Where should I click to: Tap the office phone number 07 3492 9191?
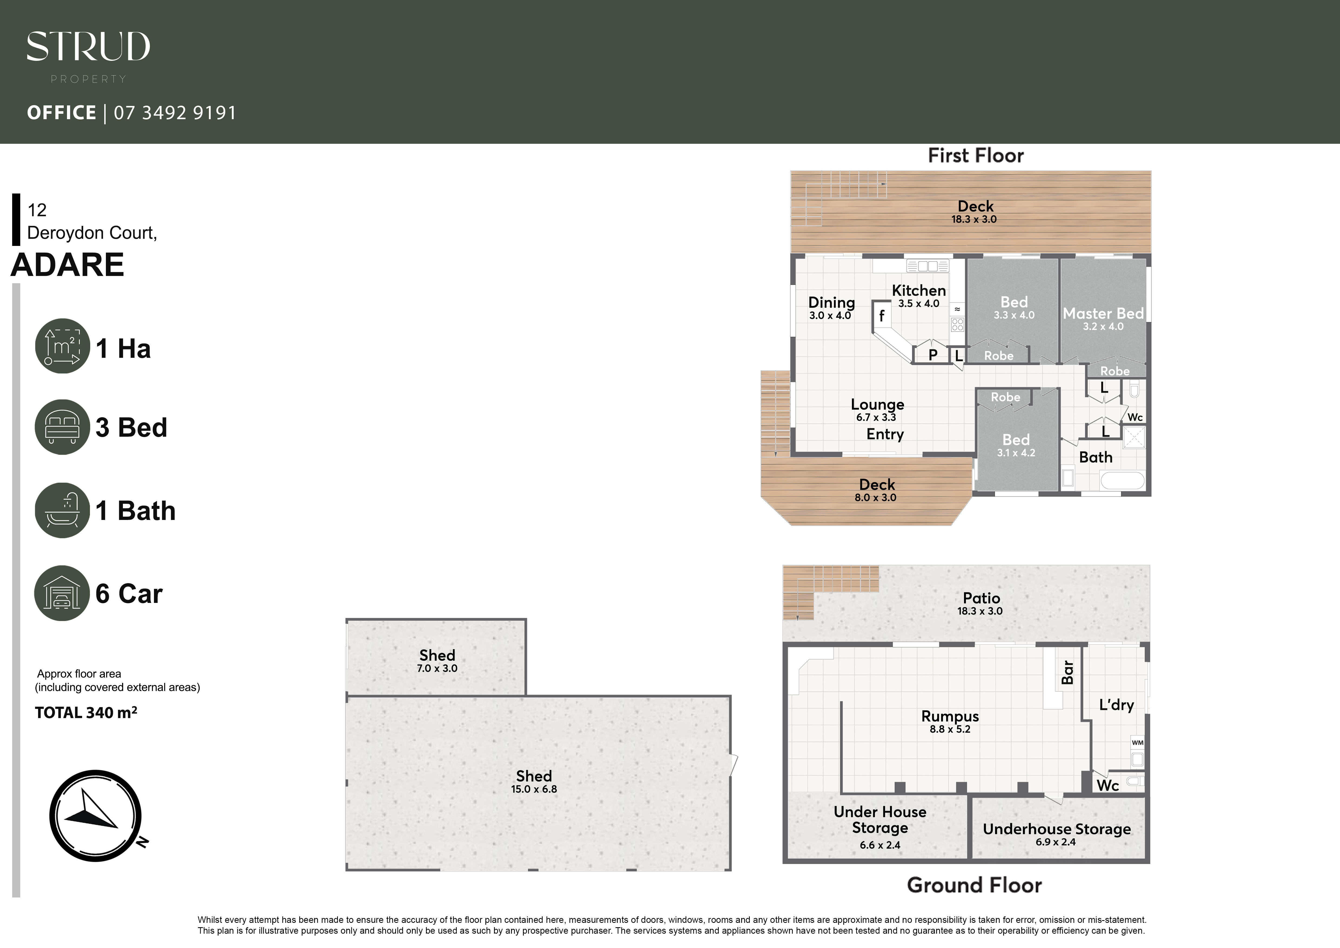[x=175, y=113]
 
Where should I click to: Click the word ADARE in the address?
[x=68, y=265]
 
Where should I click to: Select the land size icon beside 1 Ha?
[x=62, y=346]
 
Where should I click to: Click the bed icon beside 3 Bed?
[x=62, y=427]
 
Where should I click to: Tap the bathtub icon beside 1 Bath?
[x=62, y=510]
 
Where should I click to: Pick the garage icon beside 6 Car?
[x=62, y=593]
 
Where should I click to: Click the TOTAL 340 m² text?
[x=86, y=712]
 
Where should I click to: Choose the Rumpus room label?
[x=950, y=716]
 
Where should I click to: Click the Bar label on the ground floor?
[x=1067, y=672]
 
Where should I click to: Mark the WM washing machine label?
[x=1137, y=743]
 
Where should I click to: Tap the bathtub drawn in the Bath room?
[x=1122, y=480]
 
